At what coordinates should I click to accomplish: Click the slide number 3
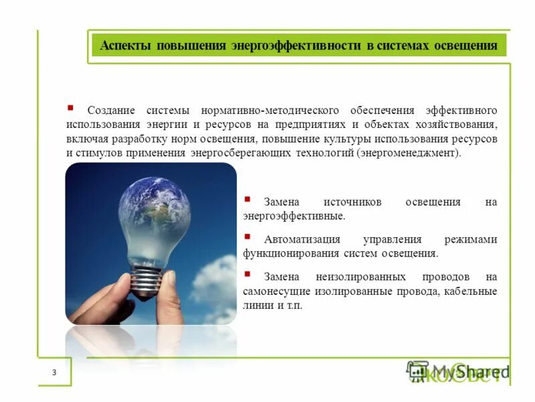[x=54, y=373]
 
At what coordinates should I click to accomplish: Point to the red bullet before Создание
[x=70, y=107]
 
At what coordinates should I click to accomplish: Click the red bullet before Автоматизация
[x=247, y=237]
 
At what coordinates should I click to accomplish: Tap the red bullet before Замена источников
[x=247, y=199]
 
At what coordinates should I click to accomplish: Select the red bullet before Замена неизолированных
[x=247, y=274]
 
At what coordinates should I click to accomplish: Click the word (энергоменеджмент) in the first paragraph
[x=409, y=153]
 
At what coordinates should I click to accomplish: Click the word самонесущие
[x=277, y=291]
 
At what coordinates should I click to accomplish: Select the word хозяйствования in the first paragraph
[x=463, y=125]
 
